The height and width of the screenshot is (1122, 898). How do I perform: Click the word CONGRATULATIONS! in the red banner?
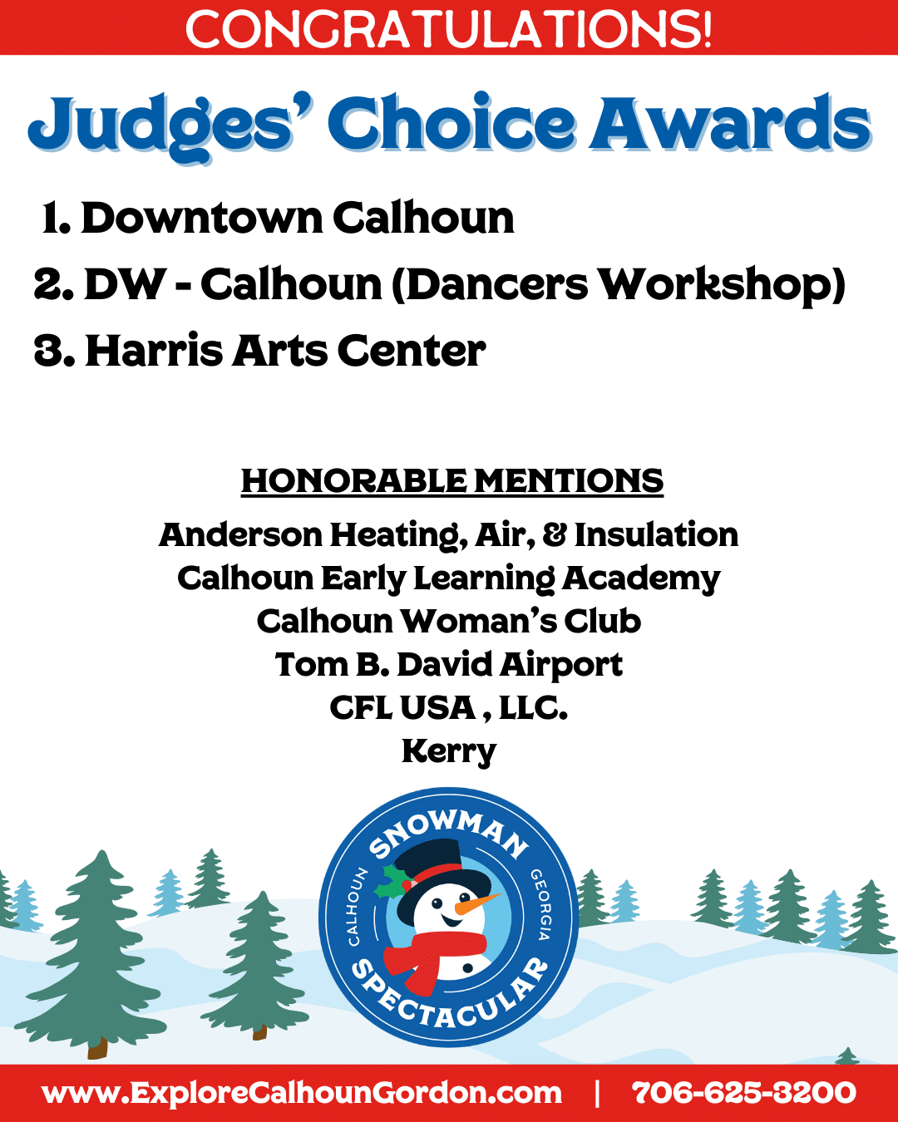(x=448, y=29)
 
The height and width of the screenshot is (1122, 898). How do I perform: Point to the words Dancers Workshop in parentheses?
(x=619, y=285)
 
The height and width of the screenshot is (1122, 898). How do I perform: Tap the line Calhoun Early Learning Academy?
(x=449, y=578)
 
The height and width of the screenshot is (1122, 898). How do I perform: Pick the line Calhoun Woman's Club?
(x=449, y=622)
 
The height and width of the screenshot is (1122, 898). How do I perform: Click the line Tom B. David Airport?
(x=449, y=665)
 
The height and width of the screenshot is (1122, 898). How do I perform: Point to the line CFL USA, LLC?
(x=449, y=708)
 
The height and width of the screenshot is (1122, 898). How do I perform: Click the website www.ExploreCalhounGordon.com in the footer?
(x=302, y=1093)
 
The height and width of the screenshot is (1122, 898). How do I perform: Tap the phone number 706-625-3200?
(x=744, y=1092)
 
